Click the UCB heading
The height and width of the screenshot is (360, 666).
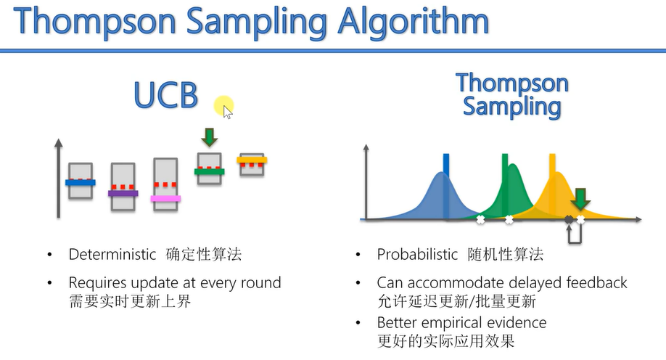pos(166,94)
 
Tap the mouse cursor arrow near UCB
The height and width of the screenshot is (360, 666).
pos(227,111)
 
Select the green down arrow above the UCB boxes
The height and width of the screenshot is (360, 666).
pos(210,136)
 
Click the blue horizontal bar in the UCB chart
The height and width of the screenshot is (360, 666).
pos(80,183)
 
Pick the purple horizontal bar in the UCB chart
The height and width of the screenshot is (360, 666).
pos(123,193)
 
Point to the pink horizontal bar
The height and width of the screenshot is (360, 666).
pos(166,198)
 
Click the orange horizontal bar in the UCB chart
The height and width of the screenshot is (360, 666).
pos(252,160)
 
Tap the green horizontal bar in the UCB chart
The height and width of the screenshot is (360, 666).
pos(210,172)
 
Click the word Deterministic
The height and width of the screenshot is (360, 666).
pos(112,255)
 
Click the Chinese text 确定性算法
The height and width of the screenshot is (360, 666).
pos(204,255)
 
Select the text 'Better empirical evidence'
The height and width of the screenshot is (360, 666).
pos(461,322)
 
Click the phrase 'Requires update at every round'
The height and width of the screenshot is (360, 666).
pos(174,282)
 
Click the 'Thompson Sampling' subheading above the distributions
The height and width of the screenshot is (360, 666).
pos(511,94)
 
